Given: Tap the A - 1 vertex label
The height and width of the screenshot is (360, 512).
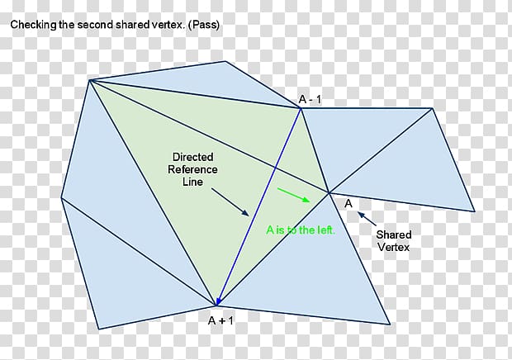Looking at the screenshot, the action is point(311,100).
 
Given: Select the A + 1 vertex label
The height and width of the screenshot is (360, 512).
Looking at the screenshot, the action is point(220,321).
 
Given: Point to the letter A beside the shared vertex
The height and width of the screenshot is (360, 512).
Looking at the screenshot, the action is point(348,204).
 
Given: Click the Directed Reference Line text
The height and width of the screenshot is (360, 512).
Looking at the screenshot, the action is point(192,169).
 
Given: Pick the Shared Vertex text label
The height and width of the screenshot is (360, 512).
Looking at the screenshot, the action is point(393,241).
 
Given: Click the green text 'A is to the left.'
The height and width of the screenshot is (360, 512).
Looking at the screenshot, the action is point(301,230).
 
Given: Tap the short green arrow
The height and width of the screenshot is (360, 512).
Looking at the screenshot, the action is point(293,195).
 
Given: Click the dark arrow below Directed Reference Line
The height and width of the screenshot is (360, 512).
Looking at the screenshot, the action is point(230,202).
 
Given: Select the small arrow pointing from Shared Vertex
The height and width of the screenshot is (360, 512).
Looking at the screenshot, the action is point(367,219).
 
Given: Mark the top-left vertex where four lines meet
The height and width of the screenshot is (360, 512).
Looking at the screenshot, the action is point(90,80).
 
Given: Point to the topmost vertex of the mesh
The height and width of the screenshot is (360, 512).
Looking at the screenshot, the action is point(225,61).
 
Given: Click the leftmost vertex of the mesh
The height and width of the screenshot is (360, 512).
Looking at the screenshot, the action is point(61,198).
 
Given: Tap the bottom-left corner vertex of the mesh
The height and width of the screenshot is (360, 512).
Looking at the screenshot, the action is point(98,329).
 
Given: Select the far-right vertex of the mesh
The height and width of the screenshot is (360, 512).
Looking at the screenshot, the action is point(474,211).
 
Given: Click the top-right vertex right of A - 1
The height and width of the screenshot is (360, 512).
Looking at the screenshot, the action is point(432,108).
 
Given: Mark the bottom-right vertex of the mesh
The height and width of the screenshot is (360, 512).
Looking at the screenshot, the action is point(390,324).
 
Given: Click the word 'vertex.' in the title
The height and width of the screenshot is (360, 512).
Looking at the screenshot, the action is point(169,25).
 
